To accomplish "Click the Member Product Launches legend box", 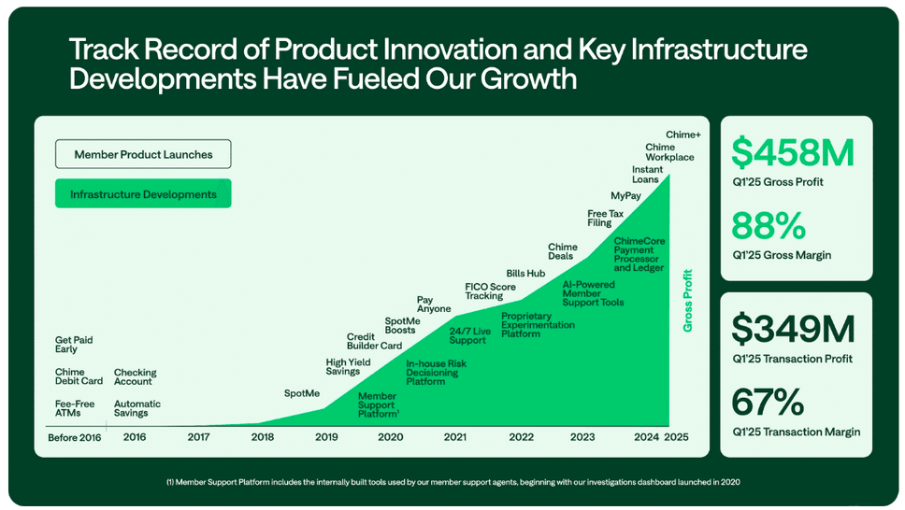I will (143, 154).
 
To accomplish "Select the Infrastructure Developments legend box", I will (143, 194).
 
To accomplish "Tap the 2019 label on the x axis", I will (326, 436).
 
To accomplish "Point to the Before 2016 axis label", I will (75, 436).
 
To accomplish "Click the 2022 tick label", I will (521, 436).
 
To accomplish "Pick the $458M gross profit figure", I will (793, 152).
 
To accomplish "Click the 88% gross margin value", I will (768, 226).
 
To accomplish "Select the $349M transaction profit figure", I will (793, 329).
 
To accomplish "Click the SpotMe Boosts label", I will (402, 326).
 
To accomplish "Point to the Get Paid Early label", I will (74, 345).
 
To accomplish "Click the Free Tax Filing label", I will (605, 219).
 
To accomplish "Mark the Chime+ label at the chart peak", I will (683, 135).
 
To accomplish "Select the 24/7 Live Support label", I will (470, 335).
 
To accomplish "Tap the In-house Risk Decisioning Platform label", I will (436, 372).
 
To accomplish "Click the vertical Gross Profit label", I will (688, 301).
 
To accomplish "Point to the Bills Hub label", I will (525, 273).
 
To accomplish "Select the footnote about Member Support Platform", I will (452, 482).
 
